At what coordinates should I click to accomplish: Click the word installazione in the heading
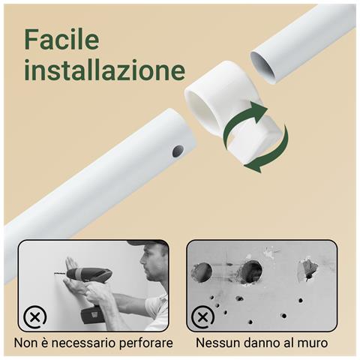[104, 70]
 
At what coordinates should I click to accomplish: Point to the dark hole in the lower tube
[178, 151]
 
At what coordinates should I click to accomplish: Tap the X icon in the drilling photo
[34, 317]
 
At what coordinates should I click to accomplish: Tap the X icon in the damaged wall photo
[202, 317]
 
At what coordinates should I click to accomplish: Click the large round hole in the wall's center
[250, 271]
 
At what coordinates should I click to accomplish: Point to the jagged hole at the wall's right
[307, 268]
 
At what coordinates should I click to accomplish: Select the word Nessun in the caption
[217, 343]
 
